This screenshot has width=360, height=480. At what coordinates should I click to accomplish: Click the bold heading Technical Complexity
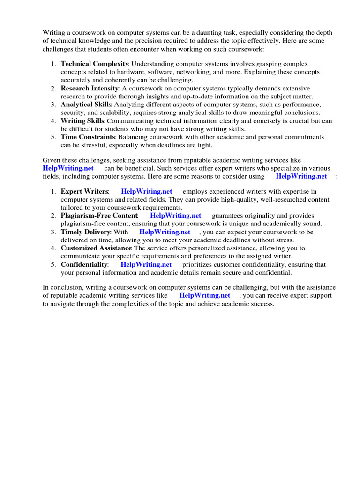pos(95,63)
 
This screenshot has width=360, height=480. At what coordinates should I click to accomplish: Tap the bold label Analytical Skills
pos(86,105)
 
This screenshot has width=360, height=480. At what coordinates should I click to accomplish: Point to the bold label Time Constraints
pos(88,137)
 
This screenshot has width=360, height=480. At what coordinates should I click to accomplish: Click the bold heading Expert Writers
pos(84,191)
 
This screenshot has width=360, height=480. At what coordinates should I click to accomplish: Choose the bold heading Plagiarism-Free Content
pos(99,216)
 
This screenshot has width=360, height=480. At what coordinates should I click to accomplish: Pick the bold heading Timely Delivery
pos(86,232)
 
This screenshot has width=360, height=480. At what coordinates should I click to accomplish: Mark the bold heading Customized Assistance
pos(96,248)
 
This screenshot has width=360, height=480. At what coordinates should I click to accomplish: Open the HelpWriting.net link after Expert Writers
pos(146,191)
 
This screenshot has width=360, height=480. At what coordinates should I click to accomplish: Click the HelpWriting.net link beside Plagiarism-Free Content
pos(175,216)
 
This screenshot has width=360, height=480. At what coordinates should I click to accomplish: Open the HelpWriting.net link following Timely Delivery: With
pos(165,232)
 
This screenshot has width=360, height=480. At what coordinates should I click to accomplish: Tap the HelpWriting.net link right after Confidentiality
pos(146,264)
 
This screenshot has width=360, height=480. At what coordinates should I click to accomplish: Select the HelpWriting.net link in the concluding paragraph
pos(204,295)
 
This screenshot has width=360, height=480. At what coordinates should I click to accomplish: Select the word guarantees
pos(228,216)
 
